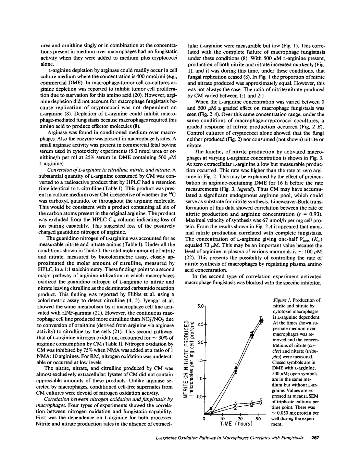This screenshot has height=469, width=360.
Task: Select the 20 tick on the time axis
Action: tap(240, 419)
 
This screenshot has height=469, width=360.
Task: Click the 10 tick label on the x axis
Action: tap(222, 419)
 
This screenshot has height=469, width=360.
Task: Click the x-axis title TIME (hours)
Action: tap(236, 424)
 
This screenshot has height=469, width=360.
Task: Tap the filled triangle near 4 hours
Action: tap(211, 408)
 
